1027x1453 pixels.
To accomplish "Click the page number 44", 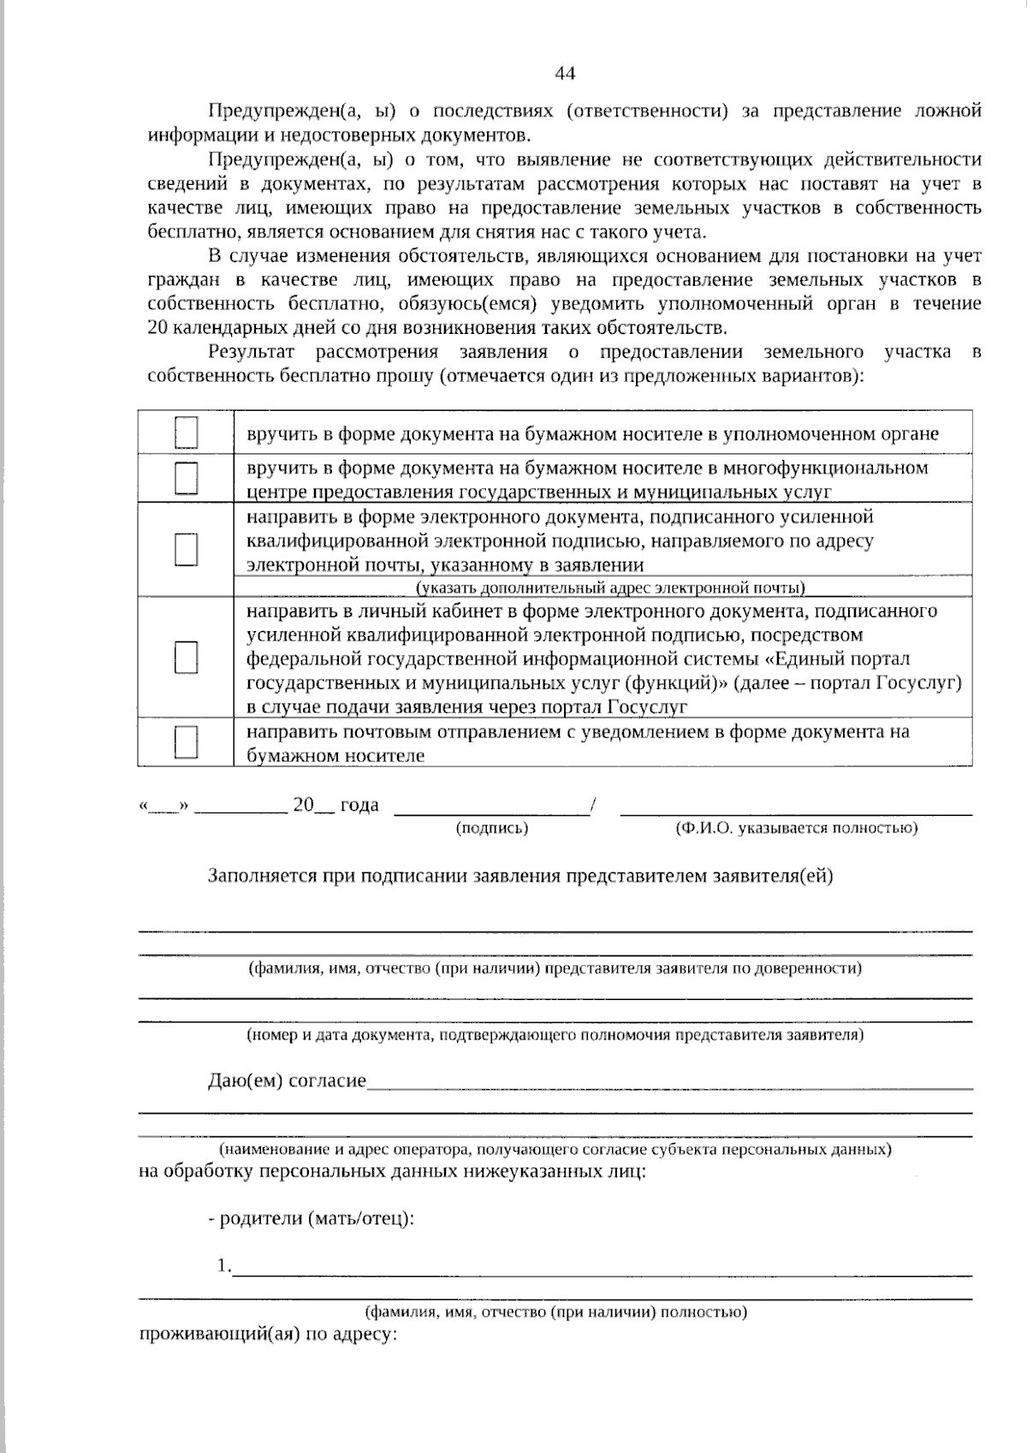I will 565,74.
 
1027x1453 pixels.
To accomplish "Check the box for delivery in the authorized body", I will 186,432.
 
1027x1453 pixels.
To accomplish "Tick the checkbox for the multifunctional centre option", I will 186,478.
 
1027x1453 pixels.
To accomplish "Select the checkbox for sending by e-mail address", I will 186,549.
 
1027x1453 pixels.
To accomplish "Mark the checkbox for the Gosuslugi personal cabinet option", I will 186,658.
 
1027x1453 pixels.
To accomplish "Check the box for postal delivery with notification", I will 186,741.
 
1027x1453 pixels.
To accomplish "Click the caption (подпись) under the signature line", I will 492,828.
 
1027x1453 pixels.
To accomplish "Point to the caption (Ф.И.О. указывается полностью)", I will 796,828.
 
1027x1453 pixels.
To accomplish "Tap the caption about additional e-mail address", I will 610,587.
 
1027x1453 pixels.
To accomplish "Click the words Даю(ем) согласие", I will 287,1081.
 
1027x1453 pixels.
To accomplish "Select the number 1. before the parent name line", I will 223,1265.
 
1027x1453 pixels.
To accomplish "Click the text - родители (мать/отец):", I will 312,1218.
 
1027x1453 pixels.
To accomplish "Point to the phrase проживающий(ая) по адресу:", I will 267,1334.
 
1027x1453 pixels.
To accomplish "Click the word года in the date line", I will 359,805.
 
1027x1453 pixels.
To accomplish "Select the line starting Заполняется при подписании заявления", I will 520,876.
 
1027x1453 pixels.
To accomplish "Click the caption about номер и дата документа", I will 555,1034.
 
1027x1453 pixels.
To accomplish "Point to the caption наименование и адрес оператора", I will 555,1149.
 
